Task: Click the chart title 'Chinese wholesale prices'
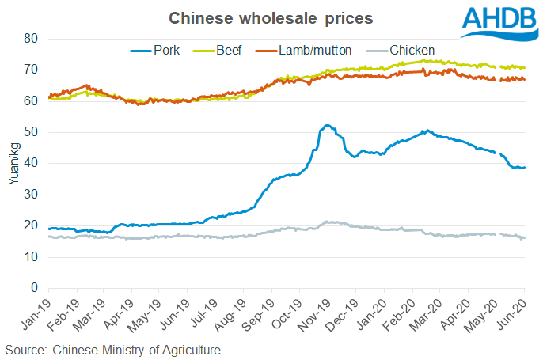coord(271,18)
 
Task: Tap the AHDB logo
coord(499,23)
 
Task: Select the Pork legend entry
coord(155,51)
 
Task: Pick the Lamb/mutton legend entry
coord(303,51)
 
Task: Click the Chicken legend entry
coord(401,51)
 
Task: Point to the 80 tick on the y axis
coord(31,39)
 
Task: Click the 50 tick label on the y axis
coord(31,132)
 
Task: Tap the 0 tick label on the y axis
coord(34,288)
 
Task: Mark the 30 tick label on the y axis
coord(31,195)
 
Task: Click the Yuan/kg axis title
coord(14,163)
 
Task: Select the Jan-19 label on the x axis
coord(36,314)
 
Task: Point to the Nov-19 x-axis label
coord(314,315)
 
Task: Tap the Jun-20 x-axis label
coord(512,314)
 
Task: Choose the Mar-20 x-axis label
coord(426,315)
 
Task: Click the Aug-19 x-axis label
coord(230,315)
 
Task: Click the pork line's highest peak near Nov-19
coord(327,125)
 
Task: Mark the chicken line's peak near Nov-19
coord(326,222)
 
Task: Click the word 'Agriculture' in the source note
coord(192,351)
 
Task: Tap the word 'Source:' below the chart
coord(26,350)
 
